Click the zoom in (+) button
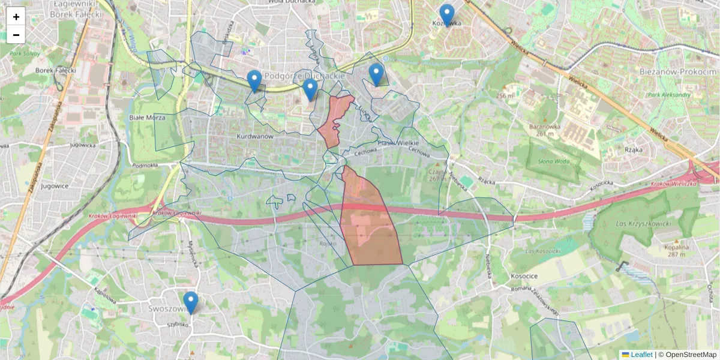point(16,17)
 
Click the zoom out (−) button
point(16,35)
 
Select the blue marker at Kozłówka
point(447,15)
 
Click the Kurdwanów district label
point(255,136)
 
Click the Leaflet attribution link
point(641,355)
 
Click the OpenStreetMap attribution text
point(691,355)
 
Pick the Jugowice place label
point(55,186)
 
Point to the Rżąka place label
point(634,149)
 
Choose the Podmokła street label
point(145,166)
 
